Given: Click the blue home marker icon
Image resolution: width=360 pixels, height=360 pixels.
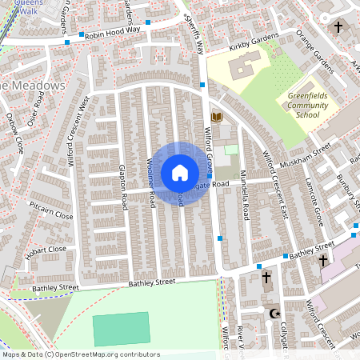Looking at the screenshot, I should pyautogui.click(x=180, y=172).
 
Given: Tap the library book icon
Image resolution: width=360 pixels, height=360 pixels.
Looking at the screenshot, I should pyautogui.click(x=215, y=118).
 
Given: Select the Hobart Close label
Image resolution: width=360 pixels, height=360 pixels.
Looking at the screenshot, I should pyautogui.click(x=46, y=250).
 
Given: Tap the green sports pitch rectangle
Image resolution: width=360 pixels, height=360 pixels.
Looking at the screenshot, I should pyautogui.click(x=121, y=329).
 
